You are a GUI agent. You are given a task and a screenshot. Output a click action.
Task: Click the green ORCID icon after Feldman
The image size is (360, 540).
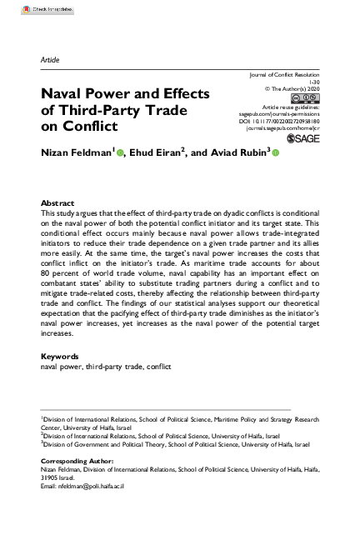pos(120,152)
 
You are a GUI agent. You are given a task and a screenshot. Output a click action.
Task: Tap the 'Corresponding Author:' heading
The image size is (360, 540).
pos(76,460)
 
